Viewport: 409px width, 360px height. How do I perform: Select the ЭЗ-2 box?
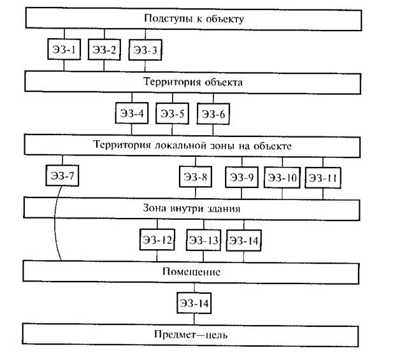[x=104, y=50]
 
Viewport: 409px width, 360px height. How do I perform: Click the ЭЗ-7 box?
[x=63, y=175]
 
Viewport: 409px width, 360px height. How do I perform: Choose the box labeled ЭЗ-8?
[x=196, y=177]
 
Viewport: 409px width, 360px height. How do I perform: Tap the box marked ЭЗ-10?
[x=282, y=177]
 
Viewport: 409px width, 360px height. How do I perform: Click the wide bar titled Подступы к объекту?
[x=203, y=18]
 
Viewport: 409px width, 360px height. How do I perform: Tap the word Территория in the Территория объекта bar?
[x=166, y=82]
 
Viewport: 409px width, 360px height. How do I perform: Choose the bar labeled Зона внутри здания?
[x=203, y=208]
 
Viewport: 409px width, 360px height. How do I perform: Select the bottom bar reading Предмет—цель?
[x=203, y=335]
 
